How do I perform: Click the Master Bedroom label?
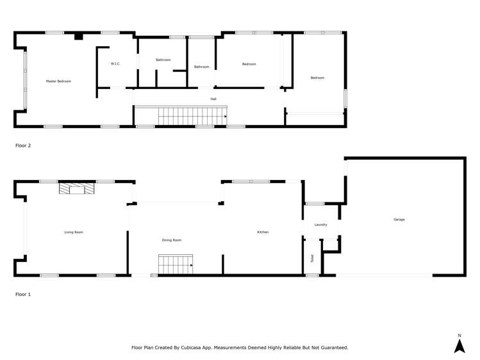(58, 81)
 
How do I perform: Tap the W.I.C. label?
(115, 63)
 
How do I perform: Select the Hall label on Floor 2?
(213, 99)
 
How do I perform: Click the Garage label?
(399, 220)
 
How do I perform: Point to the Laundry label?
(321, 225)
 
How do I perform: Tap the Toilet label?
(312, 259)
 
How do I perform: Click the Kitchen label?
(263, 232)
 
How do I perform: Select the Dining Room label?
(172, 240)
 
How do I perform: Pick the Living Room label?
(74, 232)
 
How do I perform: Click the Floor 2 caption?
(23, 145)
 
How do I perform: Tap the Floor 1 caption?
(23, 294)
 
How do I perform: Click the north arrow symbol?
(459, 346)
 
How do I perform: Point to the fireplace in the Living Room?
(76, 188)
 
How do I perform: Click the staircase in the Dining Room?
(176, 265)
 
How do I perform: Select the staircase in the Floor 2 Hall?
(192, 116)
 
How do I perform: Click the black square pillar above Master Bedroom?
(78, 37)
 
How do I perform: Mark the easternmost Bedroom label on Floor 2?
(317, 78)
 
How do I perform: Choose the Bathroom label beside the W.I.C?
(163, 60)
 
